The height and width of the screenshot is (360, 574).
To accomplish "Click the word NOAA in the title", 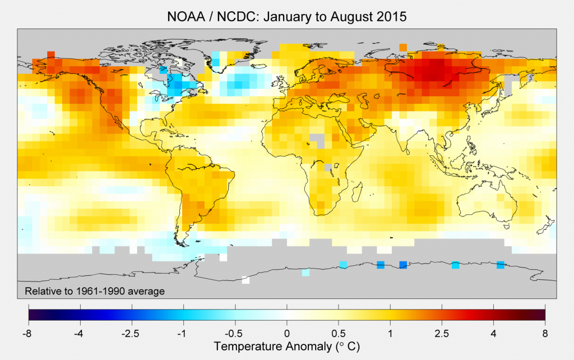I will (x=184, y=17).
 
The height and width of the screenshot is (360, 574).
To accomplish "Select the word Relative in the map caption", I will (x=41, y=290).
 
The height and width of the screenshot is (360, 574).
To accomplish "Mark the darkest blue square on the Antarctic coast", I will (x=402, y=265).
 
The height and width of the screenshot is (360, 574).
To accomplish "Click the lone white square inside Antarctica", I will (x=245, y=280).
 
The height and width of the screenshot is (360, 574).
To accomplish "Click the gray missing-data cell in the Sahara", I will (x=318, y=138).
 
